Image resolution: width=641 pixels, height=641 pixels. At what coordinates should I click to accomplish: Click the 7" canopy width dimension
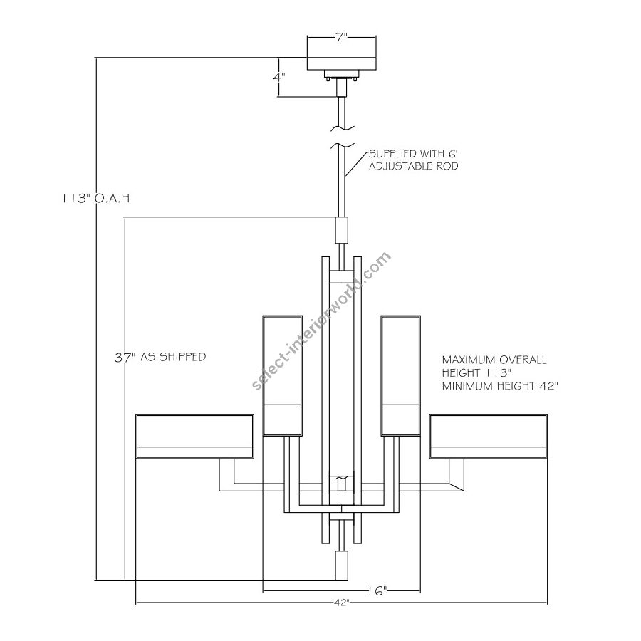coord(341,38)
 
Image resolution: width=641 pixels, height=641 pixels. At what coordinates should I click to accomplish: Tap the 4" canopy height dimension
coord(279,77)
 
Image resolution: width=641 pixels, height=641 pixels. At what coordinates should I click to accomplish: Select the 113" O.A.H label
coord(96,198)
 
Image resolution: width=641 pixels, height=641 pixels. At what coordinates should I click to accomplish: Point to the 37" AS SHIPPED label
coord(160,357)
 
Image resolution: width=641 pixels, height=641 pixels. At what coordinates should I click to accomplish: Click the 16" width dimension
coord(377,590)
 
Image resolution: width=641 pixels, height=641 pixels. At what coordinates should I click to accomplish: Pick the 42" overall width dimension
coord(340,603)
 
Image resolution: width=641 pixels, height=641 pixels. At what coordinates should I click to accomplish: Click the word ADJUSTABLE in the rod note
coord(400,167)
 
